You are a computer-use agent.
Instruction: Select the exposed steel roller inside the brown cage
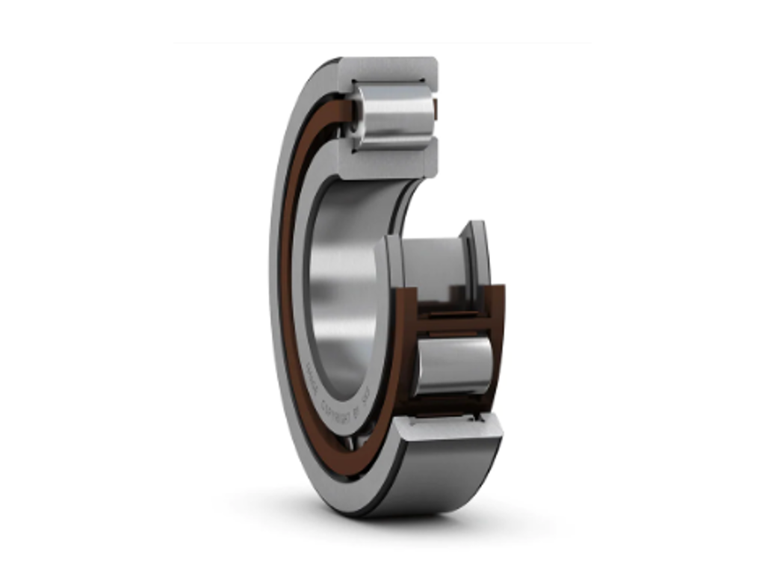[x=453, y=365]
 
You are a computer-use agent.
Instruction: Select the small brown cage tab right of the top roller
[x=436, y=111]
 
